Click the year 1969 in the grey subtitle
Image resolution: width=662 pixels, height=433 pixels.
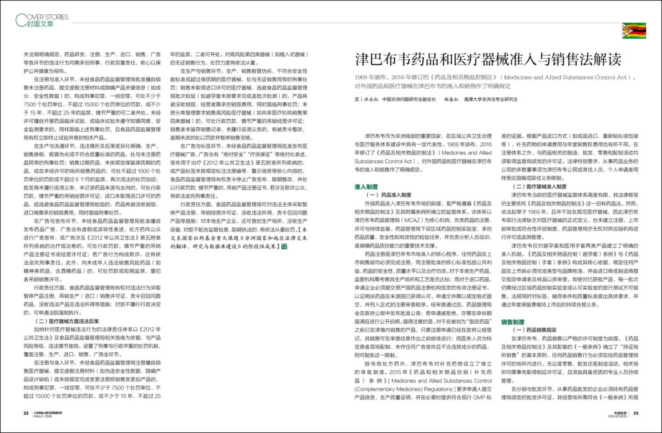point(362,76)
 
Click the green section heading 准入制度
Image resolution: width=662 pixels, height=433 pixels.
point(366,185)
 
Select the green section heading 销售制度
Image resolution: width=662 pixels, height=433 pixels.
point(513,321)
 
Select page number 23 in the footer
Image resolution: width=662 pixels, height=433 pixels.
point(636,414)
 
